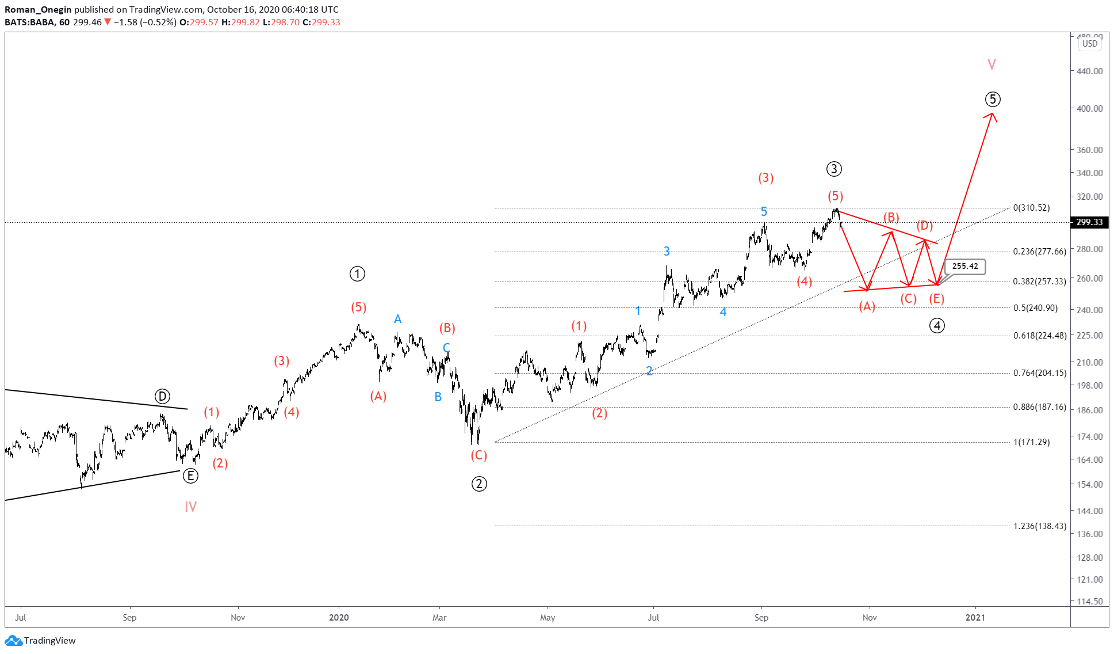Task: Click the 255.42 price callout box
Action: (x=964, y=267)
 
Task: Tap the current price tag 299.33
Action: (x=1089, y=222)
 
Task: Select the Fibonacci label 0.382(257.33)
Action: (x=1039, y=282)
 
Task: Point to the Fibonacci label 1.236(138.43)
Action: (x=1039, y=526)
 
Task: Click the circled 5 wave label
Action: (x=992, y=100)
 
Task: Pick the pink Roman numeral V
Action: (x=992, y=64)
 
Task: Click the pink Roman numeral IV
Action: (x=190, y=507)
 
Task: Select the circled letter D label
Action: (x=162, y=396)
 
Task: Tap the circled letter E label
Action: (x=190, y=476)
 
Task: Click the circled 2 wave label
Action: (x=479, y=484)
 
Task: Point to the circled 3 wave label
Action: (x=834, y=169)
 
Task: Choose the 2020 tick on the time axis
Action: (x=339, y=618)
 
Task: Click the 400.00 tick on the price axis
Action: (x=1089, y=108)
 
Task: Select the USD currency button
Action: (x=1089, y=44)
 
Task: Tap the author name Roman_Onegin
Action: (x=38, y=9)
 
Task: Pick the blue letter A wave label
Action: (x=397, y=319)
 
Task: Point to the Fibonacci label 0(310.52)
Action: (x=1031, y=208)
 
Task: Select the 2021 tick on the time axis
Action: (x=975, y=618)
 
